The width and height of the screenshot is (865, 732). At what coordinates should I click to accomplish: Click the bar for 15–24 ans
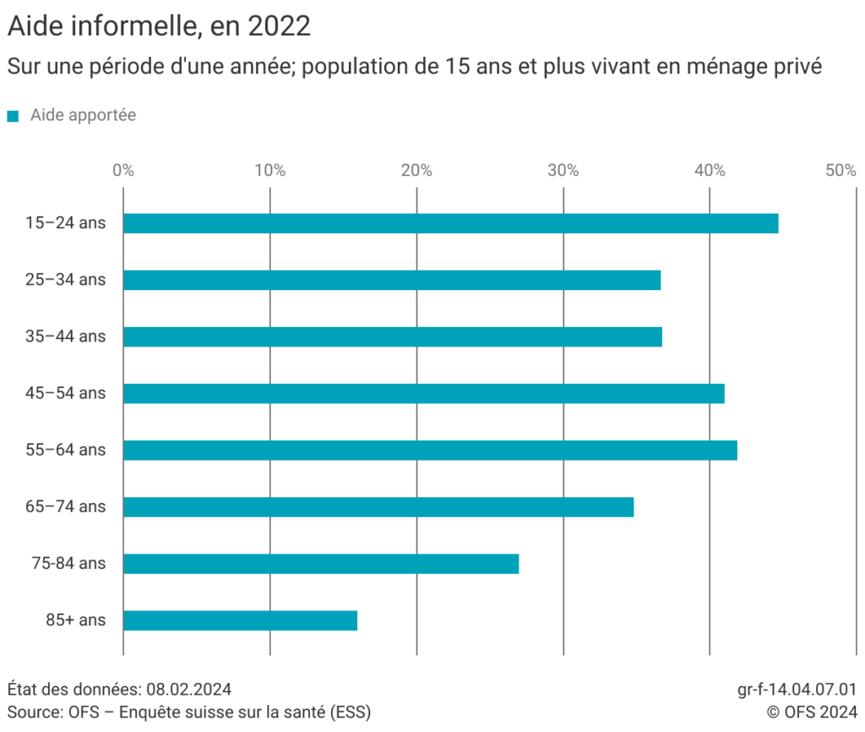click(450, 223)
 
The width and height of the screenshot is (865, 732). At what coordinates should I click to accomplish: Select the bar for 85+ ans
click(240, 620)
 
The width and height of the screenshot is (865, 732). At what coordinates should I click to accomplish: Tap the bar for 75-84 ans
click(321, 564)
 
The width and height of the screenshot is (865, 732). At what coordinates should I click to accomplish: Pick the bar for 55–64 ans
click(430, 450)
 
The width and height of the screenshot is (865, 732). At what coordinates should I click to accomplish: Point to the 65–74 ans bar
click(378, 507)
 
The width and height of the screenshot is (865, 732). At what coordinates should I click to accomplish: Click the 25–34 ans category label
click(66, 280)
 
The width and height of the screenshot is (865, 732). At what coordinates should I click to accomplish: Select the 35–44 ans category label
click(66, 336)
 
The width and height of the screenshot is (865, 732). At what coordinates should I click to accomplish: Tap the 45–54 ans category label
click(66, 393)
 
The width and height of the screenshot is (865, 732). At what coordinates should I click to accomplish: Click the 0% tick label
click(123, 170)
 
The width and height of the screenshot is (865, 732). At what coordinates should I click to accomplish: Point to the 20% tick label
click(416, 170)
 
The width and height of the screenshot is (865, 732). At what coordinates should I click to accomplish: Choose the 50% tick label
click(841, 170)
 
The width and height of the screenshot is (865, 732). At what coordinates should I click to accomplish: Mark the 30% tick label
click(563, 170)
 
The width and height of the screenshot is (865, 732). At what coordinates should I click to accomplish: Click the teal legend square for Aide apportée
click(13, 116)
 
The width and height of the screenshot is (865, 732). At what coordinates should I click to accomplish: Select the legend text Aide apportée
click(83, 115)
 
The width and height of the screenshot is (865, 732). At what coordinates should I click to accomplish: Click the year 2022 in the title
click(280, 26)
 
